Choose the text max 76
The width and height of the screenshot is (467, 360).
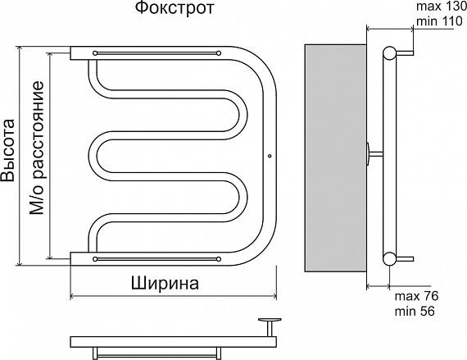coord(413,296)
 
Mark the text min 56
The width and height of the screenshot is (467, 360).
coord(413,312)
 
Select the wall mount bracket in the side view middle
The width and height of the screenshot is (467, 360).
coord(373,153)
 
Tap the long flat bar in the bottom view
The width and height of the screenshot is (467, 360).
coord(164,340)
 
